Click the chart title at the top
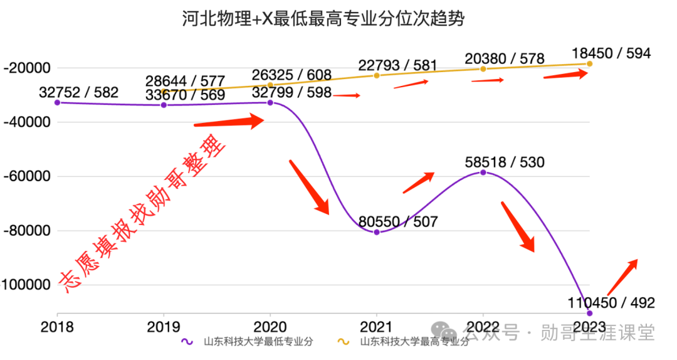coord(324,18)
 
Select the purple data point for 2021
coord(377,232)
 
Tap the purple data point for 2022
coord(483,172)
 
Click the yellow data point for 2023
coord(589,63)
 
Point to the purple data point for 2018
coord(57,102)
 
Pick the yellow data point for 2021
coord(377,75)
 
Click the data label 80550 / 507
coord(398,221)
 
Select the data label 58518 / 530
coord(505,161)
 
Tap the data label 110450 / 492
coord(612,303)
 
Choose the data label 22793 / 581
coord(397,65)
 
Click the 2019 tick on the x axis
coord(164,327)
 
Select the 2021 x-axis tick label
coord(377,327)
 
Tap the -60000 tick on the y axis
coord(26,176)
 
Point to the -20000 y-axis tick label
coord(26,68)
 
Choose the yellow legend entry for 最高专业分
coord(404,342)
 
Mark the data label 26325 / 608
coord(291,75)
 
